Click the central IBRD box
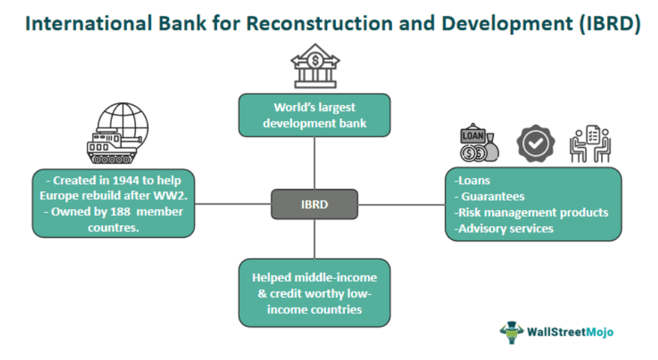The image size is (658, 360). [315, 204]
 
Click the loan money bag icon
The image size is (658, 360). [479, 144]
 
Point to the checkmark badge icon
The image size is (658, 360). [535, 144]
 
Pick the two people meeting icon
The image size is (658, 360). [590, 144]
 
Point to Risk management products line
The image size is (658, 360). [531, 212]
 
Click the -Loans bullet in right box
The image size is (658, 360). [473, 181]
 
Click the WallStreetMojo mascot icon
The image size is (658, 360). [511, 332]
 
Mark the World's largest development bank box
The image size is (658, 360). [315, 115]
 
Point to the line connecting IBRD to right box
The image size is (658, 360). [401, 204]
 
